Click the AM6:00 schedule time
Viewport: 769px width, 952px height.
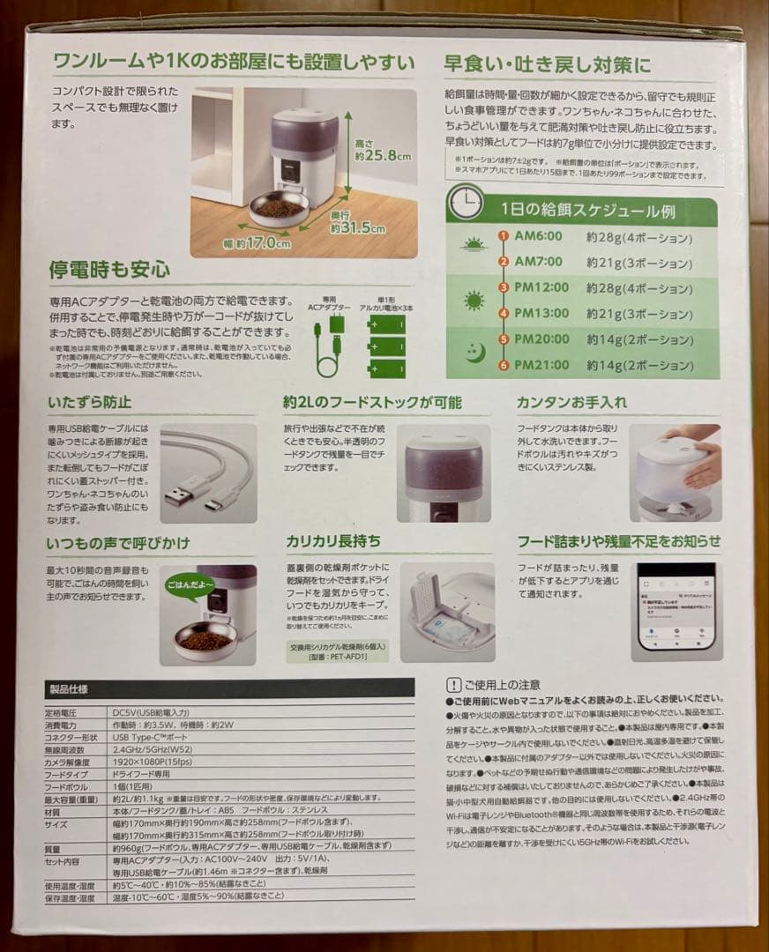tap(538, 238)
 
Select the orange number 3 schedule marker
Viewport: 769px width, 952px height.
tap(504, 287)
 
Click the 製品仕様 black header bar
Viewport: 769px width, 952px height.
tap(228, 688)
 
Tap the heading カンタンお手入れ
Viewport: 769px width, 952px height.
tap(571, 402)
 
